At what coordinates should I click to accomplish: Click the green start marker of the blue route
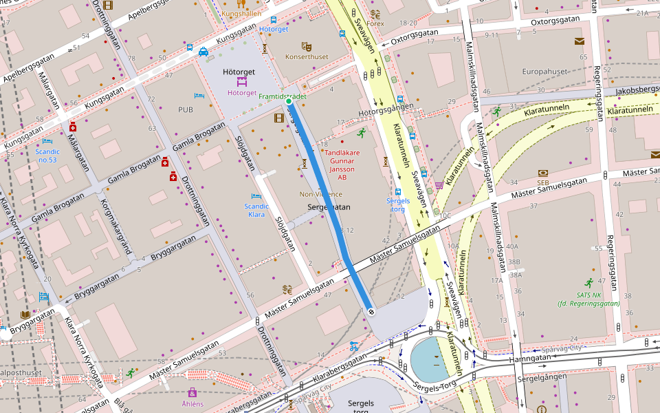pos(289,102)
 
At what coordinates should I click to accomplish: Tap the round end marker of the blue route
pos(371,312)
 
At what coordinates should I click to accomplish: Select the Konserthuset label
pos(307,56)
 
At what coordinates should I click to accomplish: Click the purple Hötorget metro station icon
pos(241,81)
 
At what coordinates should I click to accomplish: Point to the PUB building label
pos(186,109)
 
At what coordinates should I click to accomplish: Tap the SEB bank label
pos(543,182)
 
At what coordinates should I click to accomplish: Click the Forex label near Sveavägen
pos(375,23)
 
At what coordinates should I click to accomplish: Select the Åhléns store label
pos(192,404)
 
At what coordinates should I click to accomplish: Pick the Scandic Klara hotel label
pos(256,210)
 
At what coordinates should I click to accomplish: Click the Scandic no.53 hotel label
pos(47,155)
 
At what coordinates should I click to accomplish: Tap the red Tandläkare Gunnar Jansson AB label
pos(342,165)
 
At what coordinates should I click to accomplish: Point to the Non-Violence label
pos(320,194)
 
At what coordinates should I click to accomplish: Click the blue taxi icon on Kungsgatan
pos(203,51)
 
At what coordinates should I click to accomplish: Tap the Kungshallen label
pos(241,13)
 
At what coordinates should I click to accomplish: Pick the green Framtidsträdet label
pos(283,96)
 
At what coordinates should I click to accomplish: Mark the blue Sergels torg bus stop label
pos(398,205)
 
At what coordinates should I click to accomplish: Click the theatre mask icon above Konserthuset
pos(307,46)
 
